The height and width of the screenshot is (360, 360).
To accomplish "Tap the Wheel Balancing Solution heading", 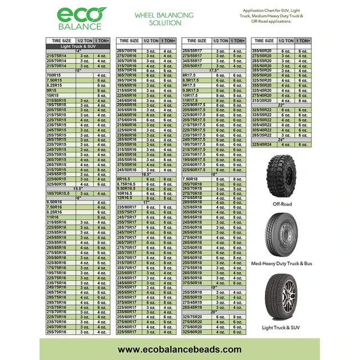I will tap(165, 19).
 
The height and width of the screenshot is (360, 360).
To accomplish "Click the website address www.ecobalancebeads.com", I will tap(179, 349).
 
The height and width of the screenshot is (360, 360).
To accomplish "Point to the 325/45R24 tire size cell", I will tap(262, 145).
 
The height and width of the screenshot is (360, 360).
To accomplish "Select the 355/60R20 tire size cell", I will tap(262, 51).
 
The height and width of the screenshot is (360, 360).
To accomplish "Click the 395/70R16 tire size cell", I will tap(127, 80).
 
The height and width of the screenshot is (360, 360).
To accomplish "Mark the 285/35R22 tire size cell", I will tap(262, 135).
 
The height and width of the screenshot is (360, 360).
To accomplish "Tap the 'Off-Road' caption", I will tap(283, 205).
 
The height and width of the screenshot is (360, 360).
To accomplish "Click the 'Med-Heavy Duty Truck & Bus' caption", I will tap(283, 263).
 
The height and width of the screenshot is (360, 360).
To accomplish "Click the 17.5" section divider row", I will tap(214, 71).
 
